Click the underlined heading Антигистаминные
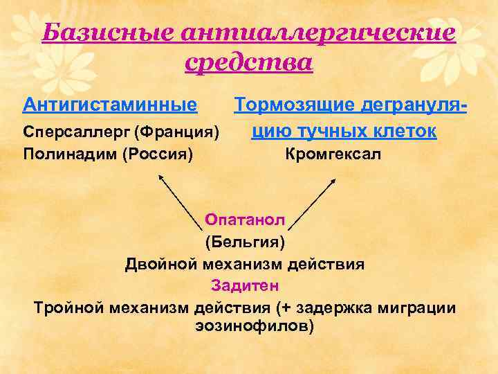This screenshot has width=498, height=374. click(x=110, y=105)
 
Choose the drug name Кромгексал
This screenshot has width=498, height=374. click(x=333, y=154)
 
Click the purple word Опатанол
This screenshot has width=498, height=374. click(x=245, y=220)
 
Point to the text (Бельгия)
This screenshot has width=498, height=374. click(x=245, y=242)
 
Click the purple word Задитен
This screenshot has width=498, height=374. click(x=245, y=285)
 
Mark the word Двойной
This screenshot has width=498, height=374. click(x=161, y=263)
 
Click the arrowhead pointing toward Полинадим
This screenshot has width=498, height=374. click(x=163, y=178)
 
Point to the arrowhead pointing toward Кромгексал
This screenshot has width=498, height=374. click(x=333, y=180)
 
